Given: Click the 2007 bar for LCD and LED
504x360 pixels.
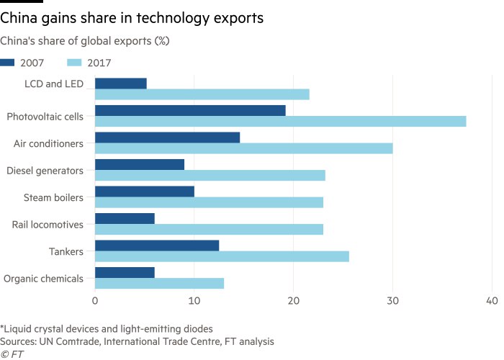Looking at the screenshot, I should [121, 84].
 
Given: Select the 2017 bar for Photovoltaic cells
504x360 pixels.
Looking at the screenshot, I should [281, 121].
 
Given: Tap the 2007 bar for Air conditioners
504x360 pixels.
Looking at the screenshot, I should [167, 137].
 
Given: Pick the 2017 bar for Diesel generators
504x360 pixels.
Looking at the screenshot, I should [210, 175].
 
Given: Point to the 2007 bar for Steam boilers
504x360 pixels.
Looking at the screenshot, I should [145, 191].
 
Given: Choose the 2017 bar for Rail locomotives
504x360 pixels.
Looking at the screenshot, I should [209, 229].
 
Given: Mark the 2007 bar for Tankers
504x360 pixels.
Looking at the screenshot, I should [157, 246].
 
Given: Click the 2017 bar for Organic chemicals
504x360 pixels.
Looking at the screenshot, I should [160, 283].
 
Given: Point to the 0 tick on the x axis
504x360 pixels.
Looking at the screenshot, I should [95, 300].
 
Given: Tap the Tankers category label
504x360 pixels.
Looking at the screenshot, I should [67, 251].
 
